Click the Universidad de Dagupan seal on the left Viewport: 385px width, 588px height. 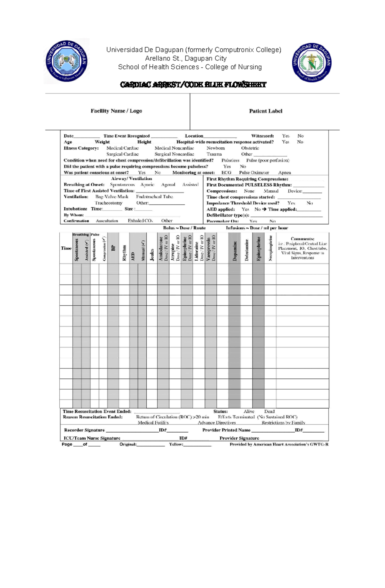point(67,61)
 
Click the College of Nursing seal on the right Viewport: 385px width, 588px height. point(312,62)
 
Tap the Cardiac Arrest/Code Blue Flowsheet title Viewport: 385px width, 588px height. point(193,85)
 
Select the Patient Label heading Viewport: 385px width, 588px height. point(265,111)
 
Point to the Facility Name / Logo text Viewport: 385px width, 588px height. point(116,111)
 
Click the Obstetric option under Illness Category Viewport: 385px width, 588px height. point(250,148)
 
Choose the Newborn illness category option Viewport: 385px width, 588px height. point(216,148)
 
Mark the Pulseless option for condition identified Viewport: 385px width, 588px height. point(230,160)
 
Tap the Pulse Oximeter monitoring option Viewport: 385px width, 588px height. point(254,172)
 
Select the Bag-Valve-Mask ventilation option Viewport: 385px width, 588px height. point(112,197)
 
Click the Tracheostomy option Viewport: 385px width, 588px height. point(108,203)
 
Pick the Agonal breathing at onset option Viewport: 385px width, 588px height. point(168,185)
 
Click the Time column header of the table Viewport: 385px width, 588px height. point(66,248)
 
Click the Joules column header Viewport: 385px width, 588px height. point(152,254)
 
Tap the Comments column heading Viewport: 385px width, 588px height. point(302,239)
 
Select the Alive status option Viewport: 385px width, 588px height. point(249,411)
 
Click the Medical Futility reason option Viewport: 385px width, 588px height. point(153,423)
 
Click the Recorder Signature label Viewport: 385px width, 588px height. point(84,430)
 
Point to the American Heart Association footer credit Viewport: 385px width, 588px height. point(279,444)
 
